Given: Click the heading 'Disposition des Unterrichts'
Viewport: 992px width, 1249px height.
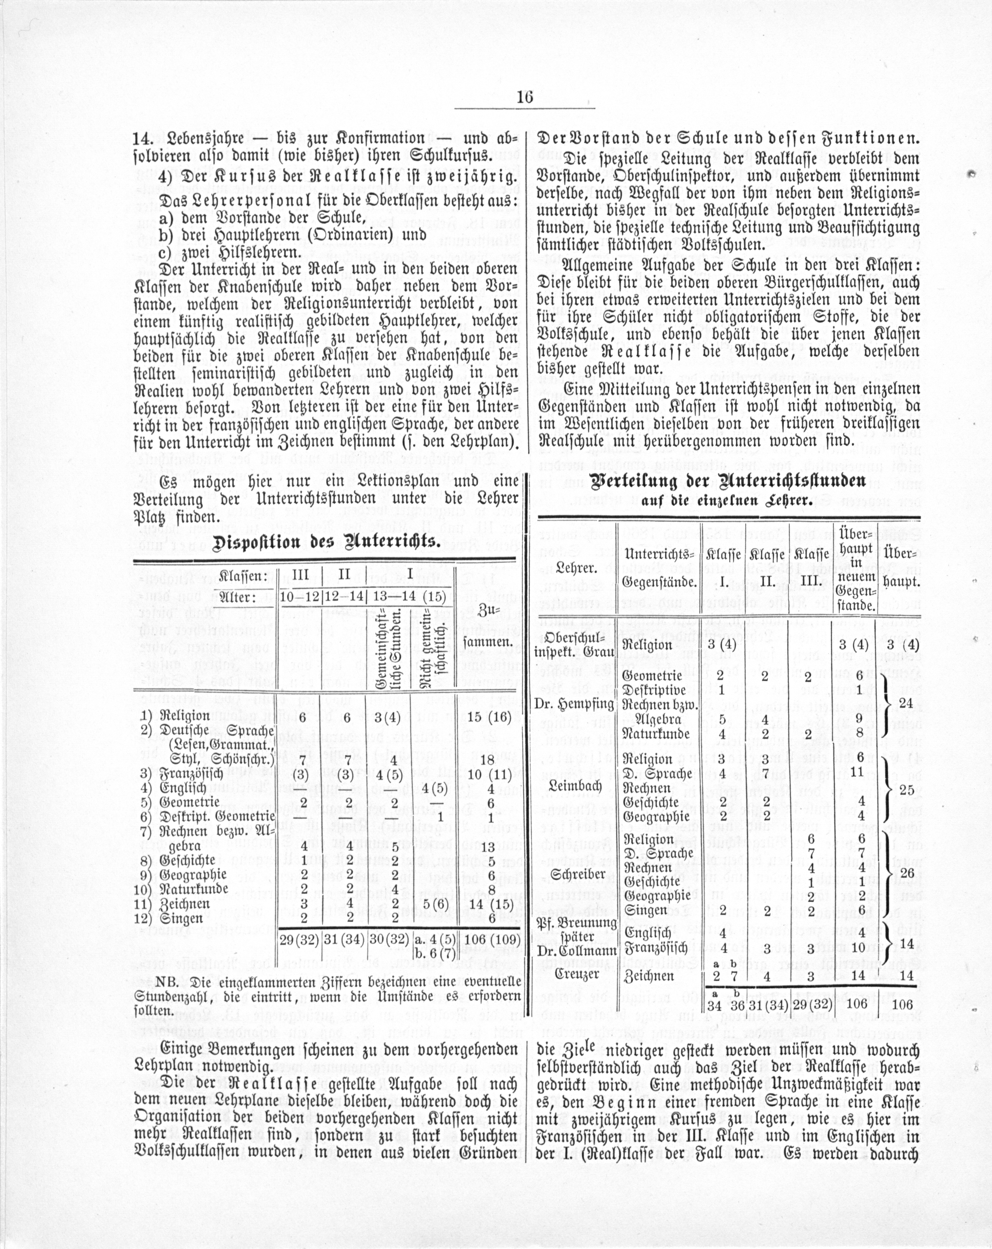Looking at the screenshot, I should point(326,543).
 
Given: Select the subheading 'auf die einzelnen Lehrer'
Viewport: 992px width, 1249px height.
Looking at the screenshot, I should point(727,501).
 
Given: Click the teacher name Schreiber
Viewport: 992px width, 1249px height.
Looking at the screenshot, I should point(573,874).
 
